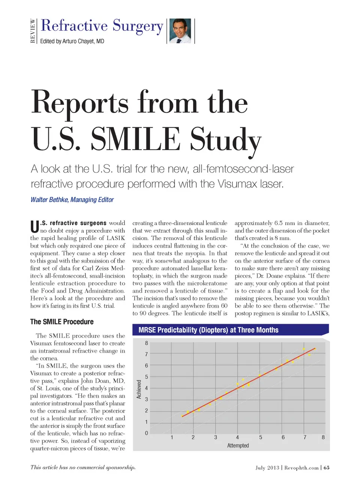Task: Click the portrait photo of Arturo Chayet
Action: pos(181,31)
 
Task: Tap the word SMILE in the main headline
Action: pos(135,140)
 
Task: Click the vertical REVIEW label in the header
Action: pos(33,31)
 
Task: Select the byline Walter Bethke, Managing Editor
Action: pos(72,200)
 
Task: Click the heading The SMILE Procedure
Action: pos(62,322)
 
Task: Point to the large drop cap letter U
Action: pos(34,227)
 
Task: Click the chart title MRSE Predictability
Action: pos(208,330)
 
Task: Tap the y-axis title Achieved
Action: pos(139,389)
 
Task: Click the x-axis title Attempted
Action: pos(238,445)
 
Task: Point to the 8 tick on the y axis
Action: pos(147,343)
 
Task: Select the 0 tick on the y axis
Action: pos(147,433)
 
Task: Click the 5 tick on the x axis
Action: pos(261,437)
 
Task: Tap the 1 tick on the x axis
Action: pos(172,437)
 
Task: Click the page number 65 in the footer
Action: pos(327,467)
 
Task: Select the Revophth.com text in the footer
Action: pos(301,467)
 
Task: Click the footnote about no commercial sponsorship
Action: pos(83,467)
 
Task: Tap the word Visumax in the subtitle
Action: pos(237,184)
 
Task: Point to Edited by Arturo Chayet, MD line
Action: pos(72,41)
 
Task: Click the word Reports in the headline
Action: pos(80,103)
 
